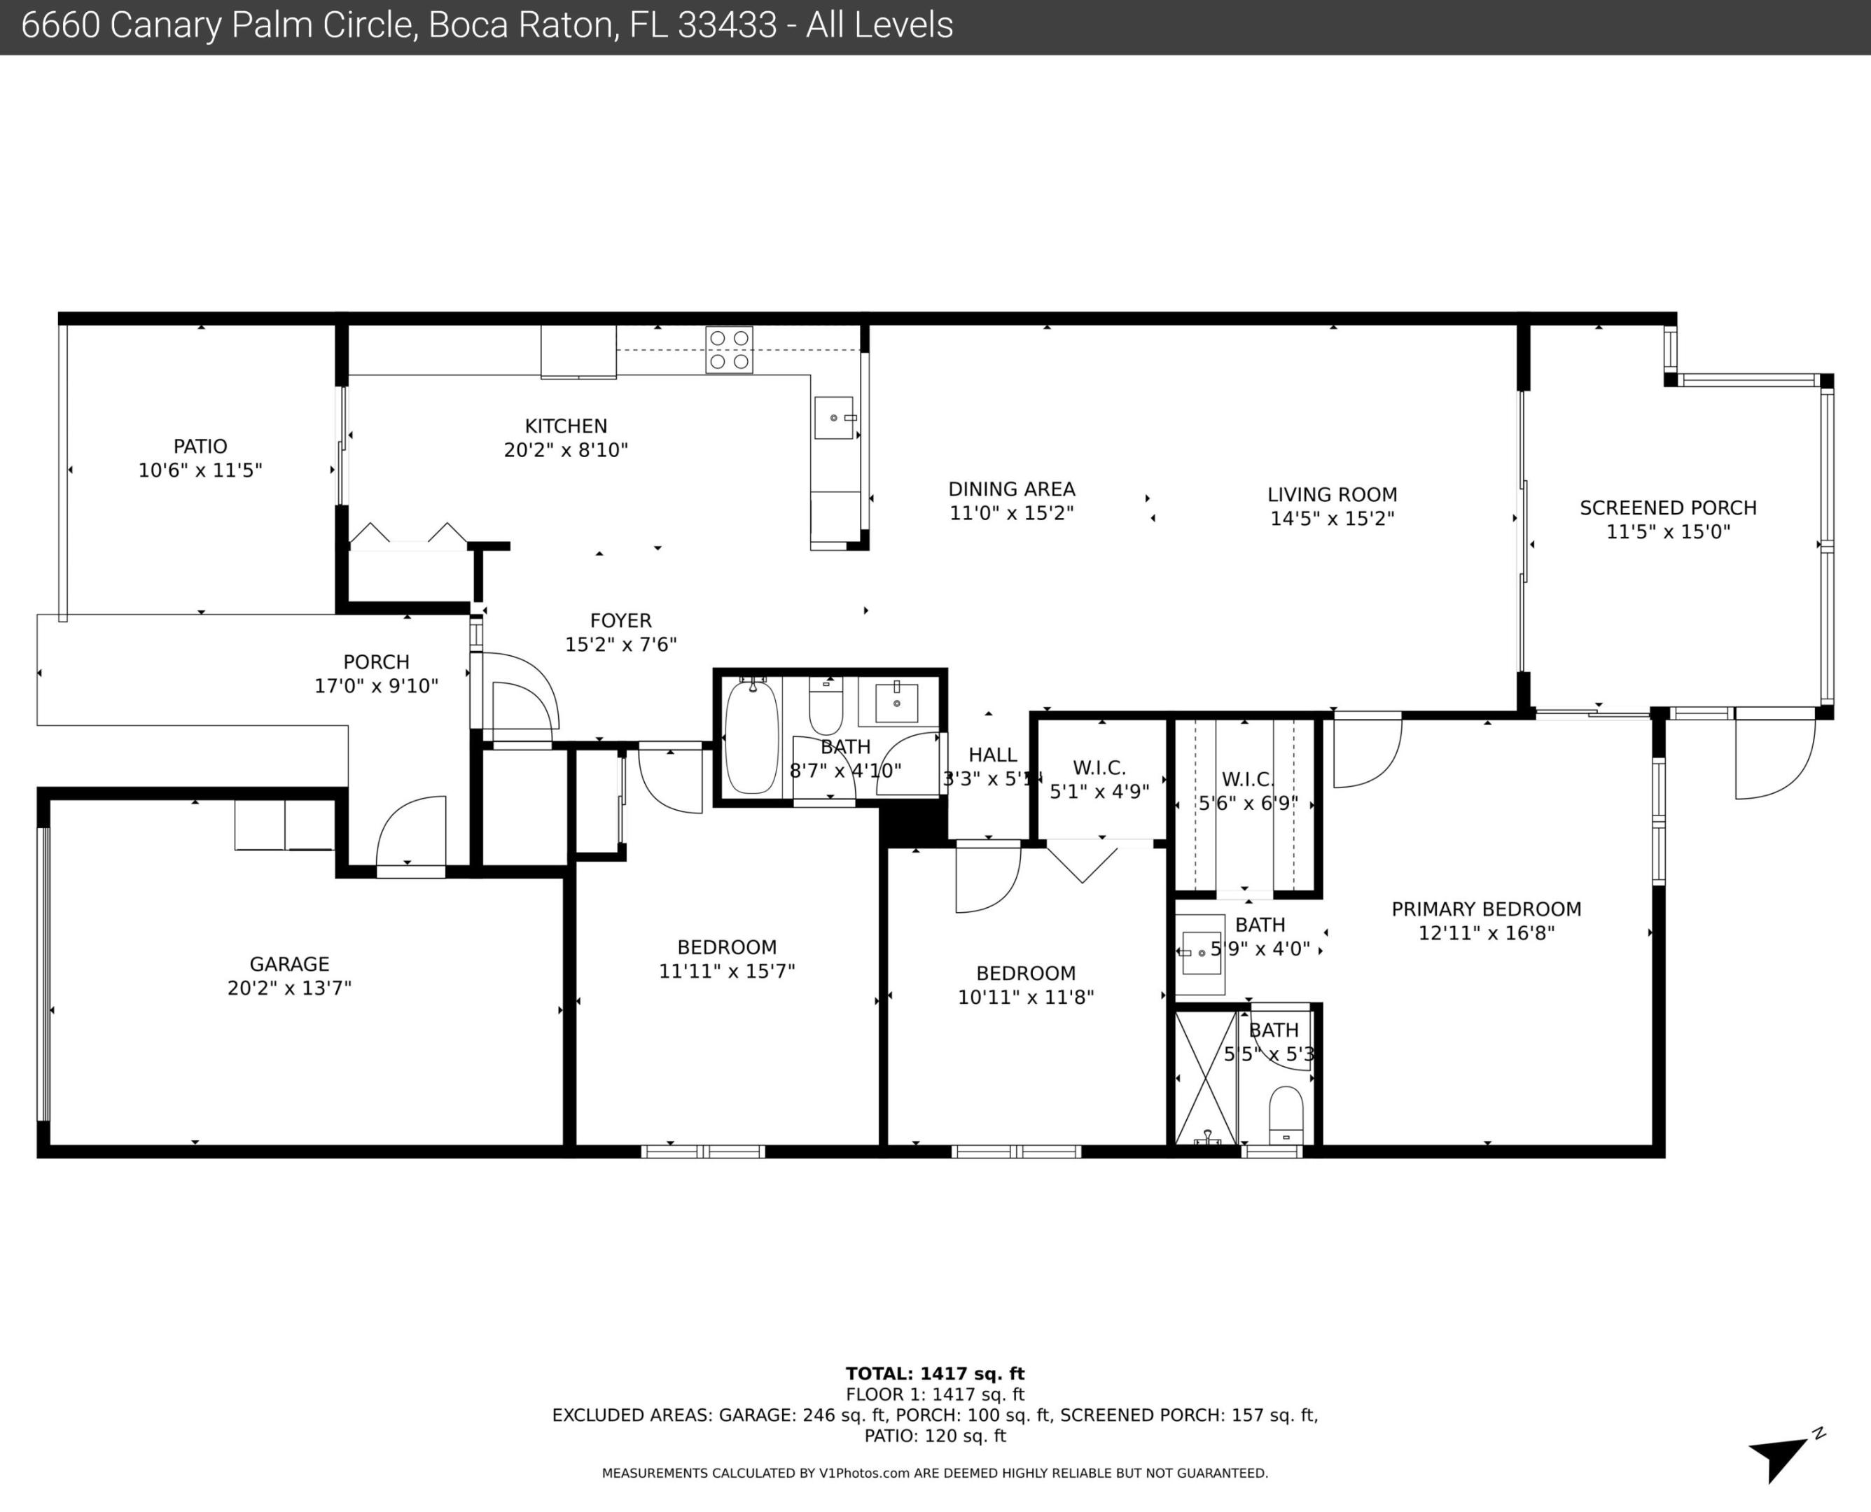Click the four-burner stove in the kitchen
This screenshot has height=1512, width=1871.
(x=729, y=349)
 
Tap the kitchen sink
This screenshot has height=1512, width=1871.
(x=833, y=418)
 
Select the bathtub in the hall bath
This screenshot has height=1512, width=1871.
(x=752, y=738)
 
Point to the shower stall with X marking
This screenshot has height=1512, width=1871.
(x=1206, y=1077)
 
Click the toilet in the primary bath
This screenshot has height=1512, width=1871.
(x=1286, y=1116)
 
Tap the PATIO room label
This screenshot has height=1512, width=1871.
(x=200, y=446)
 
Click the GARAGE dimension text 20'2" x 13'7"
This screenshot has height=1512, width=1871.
(x=289, y=988)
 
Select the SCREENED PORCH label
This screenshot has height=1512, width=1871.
(x=1667, y=507)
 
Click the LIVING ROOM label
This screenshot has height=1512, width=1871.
(x=1332, y=495)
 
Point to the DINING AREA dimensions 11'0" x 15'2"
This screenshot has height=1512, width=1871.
(x=1010, y=513)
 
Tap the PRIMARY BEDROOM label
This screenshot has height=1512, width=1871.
(x=1486, y=909)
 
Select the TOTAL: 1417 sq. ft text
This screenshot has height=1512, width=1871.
(x=935, y=1374)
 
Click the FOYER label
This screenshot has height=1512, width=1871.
(x=620, y=621)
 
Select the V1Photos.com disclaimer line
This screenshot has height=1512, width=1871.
(x=935, y=1473)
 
